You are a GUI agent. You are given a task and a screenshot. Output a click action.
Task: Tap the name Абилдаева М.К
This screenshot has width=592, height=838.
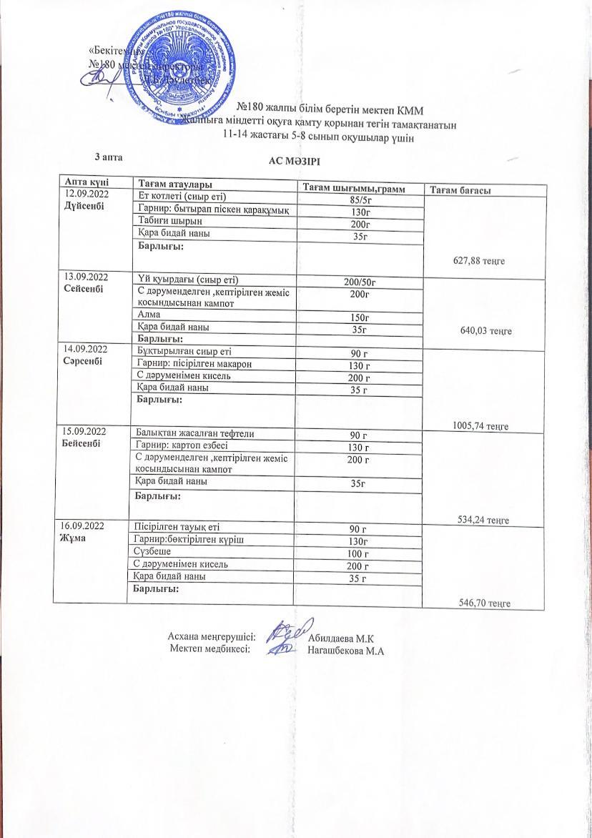(x=345, y=637)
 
